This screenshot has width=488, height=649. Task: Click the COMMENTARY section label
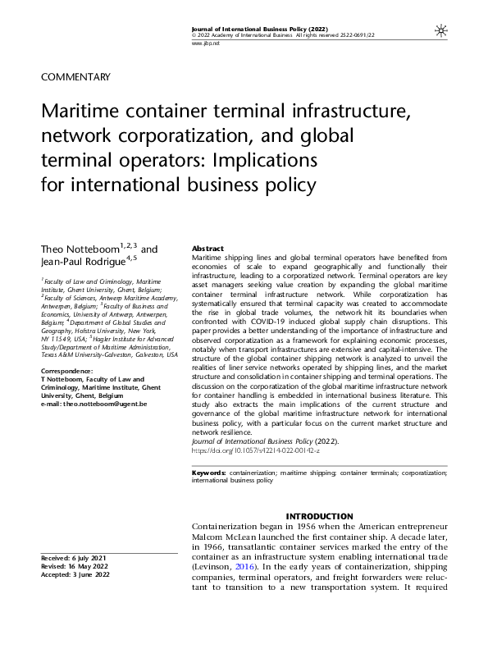tap(75, 77)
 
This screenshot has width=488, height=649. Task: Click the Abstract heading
tap(208, 248)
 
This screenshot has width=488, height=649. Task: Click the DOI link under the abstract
tap(242, 451)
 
